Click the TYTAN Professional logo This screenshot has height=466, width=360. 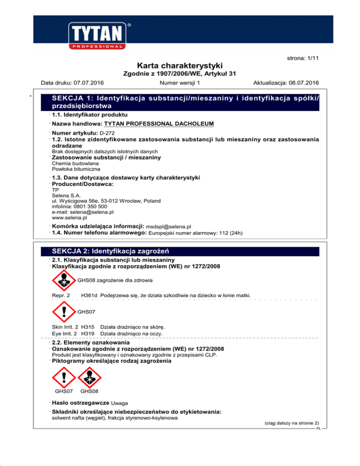98,34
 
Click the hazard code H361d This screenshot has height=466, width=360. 89,295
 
